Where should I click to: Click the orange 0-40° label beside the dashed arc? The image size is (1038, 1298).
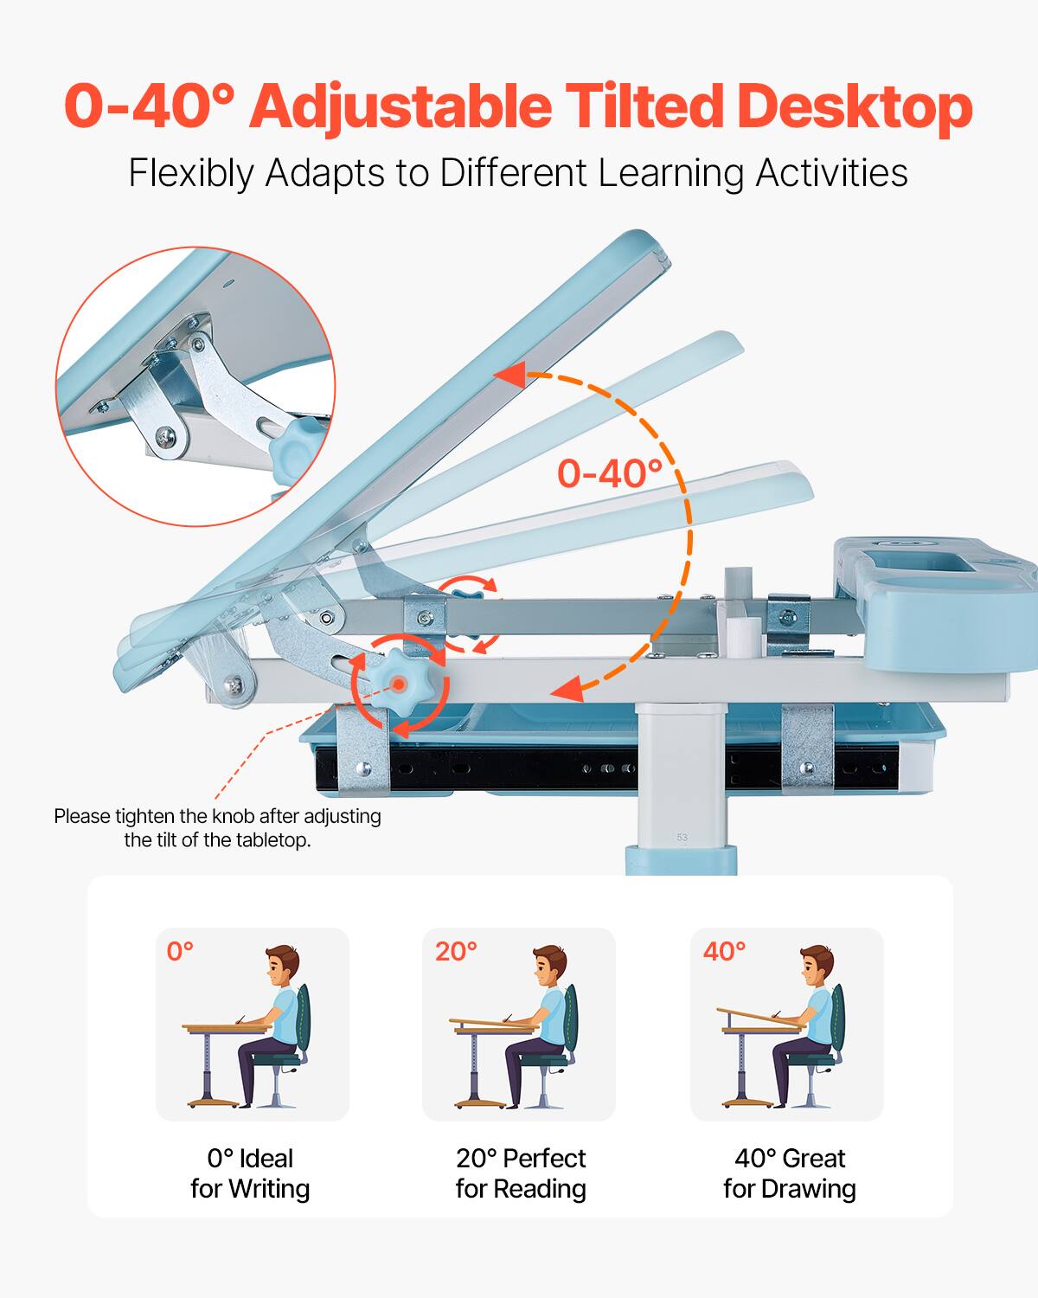point(609,473)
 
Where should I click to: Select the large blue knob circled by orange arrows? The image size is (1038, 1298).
point(400,684)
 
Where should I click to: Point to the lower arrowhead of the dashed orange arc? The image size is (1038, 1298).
point(566,690)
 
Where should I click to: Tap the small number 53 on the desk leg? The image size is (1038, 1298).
point(682,837)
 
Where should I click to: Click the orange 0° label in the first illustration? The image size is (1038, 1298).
point(180,952)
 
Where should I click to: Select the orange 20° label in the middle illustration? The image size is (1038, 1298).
point(456,952)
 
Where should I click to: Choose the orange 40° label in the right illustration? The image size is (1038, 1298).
point(724,952)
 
